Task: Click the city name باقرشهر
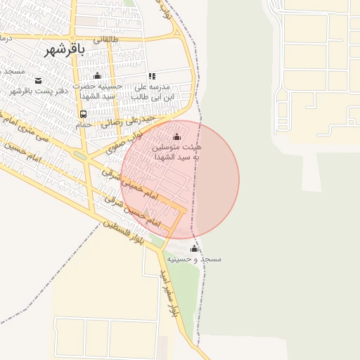[x=64, y=50]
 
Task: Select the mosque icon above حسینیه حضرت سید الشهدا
[x=98, y=76]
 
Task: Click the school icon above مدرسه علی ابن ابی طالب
[x=152, y=76]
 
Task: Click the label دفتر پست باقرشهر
[x=38, y=91]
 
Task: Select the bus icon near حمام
[x=84, y=114]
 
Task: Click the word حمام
[x=84, y=124]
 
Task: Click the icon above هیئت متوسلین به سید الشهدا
[x=176, y=137]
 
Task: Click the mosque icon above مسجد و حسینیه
[x=195, y=249]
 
